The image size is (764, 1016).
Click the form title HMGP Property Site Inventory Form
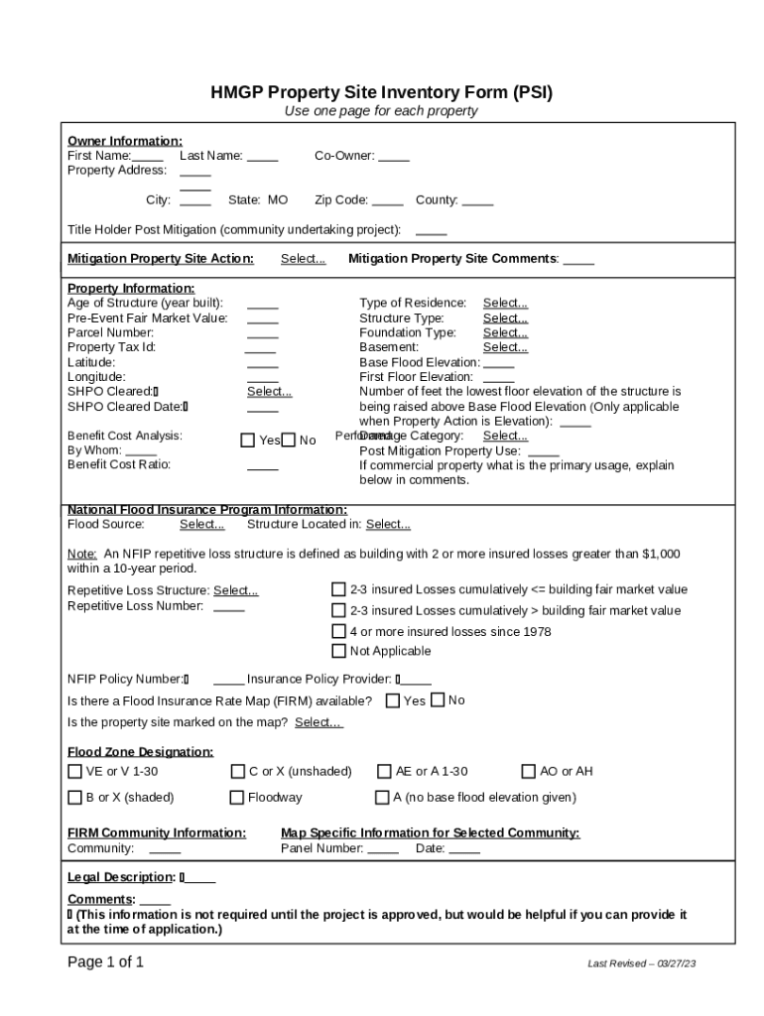pos(381,93)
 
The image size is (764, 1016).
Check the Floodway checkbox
pos(237,797)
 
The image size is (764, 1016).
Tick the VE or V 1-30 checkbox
pos(74,771)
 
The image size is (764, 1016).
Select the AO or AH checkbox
pos(529,771)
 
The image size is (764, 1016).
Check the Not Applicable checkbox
pos(338,651)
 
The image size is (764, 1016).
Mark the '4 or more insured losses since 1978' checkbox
pos(338,631)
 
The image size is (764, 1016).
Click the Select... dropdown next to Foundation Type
pos(505,333)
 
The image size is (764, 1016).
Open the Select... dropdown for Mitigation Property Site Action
pos(303,259)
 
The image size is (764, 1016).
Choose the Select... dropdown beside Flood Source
pos(201,525)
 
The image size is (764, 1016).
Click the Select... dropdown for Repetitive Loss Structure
pos(236,591)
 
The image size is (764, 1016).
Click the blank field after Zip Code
pos(388,200)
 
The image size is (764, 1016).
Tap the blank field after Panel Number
pos(383,849)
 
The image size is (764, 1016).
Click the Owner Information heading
pos(124,141)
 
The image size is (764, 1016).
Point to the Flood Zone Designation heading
pos(140,752)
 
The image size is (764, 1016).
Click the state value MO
pos(278,200)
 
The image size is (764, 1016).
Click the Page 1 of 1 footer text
pos(105,962)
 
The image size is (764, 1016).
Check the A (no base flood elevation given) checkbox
pos(382,797)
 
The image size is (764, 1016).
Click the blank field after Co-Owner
pos(394,156)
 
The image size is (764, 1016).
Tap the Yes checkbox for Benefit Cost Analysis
pos(248,441)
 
